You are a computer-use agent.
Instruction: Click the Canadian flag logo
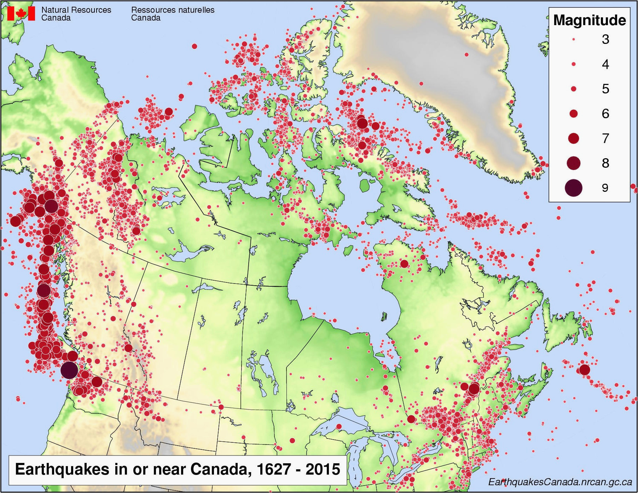pos(21,13)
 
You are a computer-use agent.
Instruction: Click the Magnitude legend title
pos(589,20)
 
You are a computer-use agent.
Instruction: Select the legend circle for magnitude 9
pos(573,188)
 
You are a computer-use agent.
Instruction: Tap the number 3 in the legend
pos(605,39)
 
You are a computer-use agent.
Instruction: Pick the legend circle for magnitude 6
pos(574,114)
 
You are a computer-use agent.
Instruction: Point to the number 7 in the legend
pos(605,138)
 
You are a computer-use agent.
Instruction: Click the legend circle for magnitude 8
pos(574,163)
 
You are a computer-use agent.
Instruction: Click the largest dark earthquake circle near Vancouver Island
pos(69,370)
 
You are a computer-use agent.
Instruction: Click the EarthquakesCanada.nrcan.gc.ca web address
pos(560,482)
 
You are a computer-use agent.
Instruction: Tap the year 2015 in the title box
pos(323,470)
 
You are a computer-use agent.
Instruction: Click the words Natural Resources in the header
pos(76,10)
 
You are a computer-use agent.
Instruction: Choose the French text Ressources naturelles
pos(173,10)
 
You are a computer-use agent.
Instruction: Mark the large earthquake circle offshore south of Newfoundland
pos(585,370)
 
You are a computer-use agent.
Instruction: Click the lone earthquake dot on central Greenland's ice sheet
pos(466,55)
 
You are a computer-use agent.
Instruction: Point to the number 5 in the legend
pos(605,89)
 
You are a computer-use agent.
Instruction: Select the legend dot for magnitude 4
pos(574,64)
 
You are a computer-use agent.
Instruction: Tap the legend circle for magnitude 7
pos(574,138)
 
